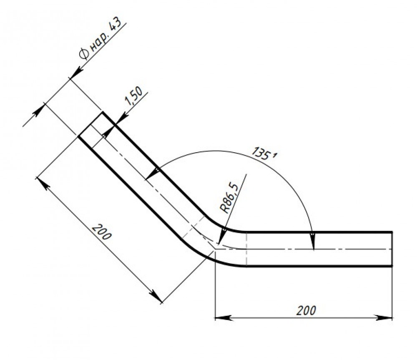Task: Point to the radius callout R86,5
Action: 229,197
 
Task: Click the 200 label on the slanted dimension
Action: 101,232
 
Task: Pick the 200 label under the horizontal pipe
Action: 306,310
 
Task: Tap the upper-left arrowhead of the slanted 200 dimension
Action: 43,183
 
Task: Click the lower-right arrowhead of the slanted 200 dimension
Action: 155,296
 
